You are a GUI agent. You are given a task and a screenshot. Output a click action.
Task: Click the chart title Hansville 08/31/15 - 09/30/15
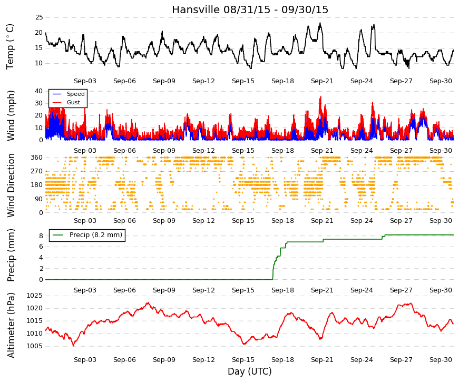(250, 9)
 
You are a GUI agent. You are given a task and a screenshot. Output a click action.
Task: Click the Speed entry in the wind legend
(75, 94)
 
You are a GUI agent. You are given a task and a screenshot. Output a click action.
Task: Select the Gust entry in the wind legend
(73, 102)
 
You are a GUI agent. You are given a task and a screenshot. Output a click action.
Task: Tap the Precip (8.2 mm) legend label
(96, 235)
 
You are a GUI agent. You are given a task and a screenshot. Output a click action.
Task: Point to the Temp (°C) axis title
(10, 46)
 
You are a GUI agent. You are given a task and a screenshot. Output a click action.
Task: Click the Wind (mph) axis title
(11, 115)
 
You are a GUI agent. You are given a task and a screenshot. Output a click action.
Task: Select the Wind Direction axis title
(11, 185)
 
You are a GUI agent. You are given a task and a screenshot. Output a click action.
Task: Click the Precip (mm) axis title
(11, 255)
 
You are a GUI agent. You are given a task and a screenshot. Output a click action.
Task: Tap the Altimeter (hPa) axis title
(11, 325)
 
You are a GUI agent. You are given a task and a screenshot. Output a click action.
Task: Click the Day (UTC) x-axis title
(250, 371)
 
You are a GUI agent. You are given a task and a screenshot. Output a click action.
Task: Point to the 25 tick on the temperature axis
(39, 17)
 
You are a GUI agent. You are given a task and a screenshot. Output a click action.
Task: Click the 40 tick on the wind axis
(39, 91)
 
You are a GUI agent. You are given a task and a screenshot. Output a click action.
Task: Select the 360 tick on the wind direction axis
(37, 158)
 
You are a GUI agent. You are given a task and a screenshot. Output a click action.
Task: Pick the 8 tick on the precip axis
(41, 236)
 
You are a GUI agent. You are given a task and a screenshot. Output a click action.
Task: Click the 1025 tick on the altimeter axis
(35, 296)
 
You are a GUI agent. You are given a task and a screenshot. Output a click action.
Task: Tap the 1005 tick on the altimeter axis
(35, 346)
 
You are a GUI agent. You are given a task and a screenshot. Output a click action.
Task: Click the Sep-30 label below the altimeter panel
(441, 360)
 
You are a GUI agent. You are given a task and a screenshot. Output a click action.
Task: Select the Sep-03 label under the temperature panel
(85, 81)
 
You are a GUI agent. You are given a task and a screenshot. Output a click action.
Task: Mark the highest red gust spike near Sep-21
(321, 96)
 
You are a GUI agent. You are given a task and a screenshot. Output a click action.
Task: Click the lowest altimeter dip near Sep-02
(73, 346)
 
